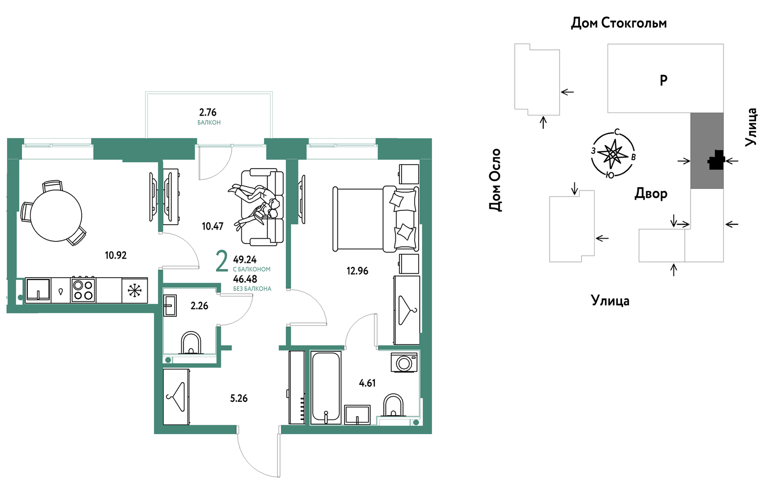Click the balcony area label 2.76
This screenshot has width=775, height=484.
[x=208, y=112]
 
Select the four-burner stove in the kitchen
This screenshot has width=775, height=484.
[x=83, y=290]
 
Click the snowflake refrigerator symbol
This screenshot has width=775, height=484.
[x=135, y=290]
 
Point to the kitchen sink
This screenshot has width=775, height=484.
[x=38, y=290]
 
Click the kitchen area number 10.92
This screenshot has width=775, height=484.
[x=116, y=255]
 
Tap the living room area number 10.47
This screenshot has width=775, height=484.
[x=213, y=226]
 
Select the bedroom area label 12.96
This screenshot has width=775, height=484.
[x=357, y=271]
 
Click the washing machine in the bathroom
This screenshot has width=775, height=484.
[x=404, y=362]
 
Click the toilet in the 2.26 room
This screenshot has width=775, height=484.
[x=191, y=343]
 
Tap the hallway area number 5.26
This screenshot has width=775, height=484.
[x=239, y=398]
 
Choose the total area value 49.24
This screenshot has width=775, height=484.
[x=245, y=260]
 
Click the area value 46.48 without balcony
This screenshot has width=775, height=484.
[x=245, y=279]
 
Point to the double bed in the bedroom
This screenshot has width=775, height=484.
[x=376, y=218]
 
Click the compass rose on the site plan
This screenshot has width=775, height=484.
[x=613, y=154]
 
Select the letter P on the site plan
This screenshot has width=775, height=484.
[x=664, y=80]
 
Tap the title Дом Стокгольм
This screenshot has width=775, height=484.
[x=619, y=23]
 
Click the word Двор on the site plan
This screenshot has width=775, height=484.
[x=651, y=194]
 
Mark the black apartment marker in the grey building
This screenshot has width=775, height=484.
[x=716, y=160]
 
